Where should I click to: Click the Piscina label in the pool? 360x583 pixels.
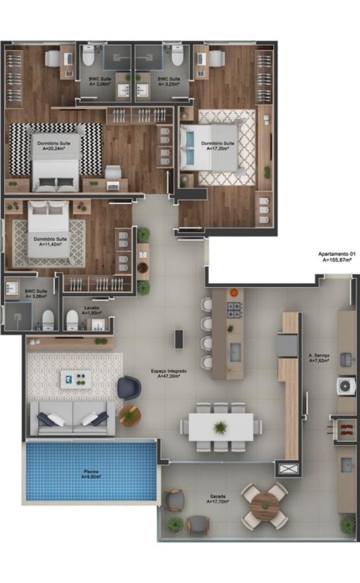91,474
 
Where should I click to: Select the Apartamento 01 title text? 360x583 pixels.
335,256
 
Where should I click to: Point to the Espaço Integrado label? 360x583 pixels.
169,372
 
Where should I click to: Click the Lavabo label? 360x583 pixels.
91,310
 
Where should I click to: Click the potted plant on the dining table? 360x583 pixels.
221,427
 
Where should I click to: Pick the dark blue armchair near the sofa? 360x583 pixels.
129,387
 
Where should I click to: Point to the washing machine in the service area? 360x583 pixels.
346,387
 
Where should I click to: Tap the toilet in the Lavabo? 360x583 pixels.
72,319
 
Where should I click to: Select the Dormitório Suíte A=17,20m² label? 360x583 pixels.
218,145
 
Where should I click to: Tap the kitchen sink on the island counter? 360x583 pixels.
235,352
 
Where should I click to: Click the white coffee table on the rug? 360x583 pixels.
76,379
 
